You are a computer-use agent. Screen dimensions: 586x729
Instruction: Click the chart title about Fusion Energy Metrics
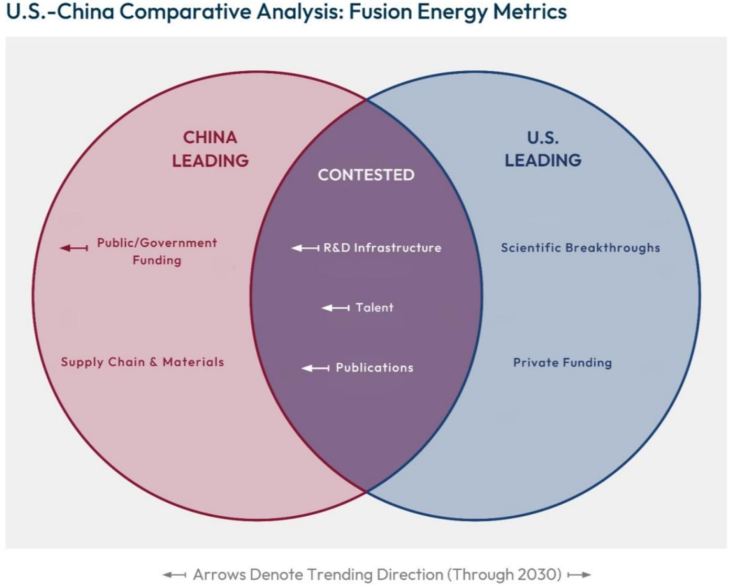pos(286,12)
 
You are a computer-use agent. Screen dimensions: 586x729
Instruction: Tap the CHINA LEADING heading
pos(210,149)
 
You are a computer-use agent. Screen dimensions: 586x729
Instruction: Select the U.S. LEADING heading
pos(543,149)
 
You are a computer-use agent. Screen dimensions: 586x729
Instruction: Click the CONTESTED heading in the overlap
pos(366,175)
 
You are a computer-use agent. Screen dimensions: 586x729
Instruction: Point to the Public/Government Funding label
pos(157,251)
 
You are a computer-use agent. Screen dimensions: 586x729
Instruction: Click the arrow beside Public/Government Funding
pos(74,247)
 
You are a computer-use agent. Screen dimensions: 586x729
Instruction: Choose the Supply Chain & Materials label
pos(142,362)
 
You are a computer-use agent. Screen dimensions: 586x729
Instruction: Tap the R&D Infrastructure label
pos(382,247)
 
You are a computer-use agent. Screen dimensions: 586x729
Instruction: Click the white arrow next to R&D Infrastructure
pos(305,247)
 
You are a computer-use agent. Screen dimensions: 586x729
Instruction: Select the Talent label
pos(374,307)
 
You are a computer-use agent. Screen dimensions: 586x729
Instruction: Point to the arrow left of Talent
pos(336,308)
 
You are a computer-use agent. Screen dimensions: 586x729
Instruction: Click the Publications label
pos(374,367)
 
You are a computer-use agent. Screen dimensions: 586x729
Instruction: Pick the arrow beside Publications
pos(316,368)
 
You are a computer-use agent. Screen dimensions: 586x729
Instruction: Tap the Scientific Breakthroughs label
pos(580,247)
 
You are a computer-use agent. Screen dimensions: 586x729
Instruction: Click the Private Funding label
pos(562,362)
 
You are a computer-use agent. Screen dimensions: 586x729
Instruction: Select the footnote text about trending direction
pos(377,574)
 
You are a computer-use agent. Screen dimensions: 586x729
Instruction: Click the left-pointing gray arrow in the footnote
pos(174,575)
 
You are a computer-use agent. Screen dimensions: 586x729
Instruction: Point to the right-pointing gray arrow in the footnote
pos(579,575)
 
